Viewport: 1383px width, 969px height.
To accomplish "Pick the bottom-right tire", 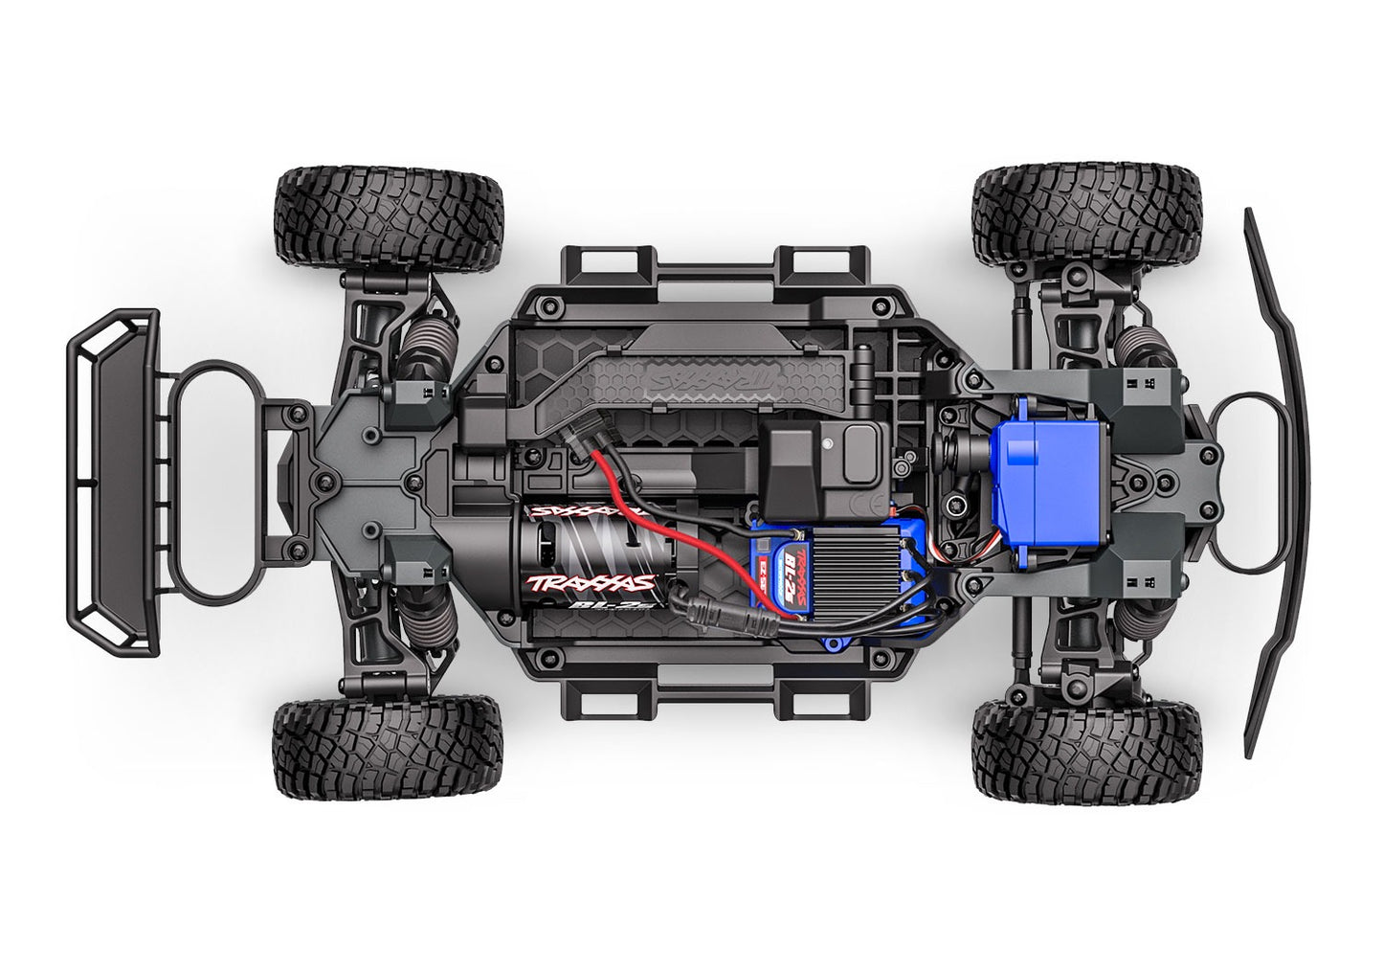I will click(x=1087, y=756).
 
